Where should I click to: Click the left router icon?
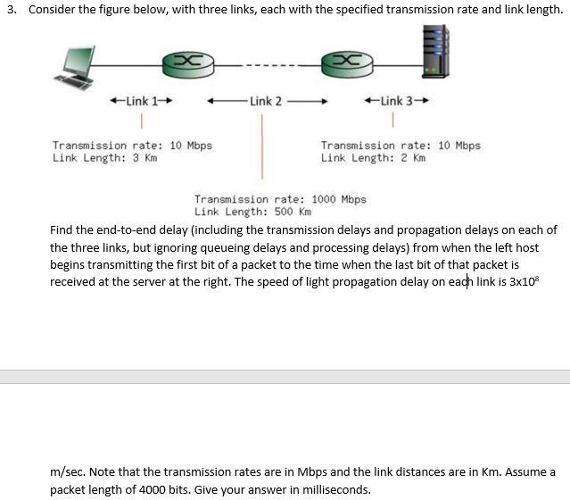pyautogui.click(x=187, y=62)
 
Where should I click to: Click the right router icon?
pyautogui.click(x=345, y=62)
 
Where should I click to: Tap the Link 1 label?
pyautogui.click(x=139, y=100)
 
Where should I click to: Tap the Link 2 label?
pyautogui.click(x=266, y=101)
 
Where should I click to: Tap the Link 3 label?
pyautogui.click(x=397, y=100)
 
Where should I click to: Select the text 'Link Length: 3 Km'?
pyautogui.click(x=104, y=158)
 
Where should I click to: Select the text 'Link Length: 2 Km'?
pyautogui.click(x=373, y=158)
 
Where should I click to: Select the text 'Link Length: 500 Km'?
pyautogui.click(x=253, y=212)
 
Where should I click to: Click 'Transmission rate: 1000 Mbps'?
pyautogui.click(x=280, y=199)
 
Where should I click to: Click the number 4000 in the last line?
pyautogui.click(x=166, y=489)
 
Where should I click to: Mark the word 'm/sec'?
pyautogui.click(x=67, y=471)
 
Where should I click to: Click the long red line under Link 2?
pyautogui.click(x=261, y=146)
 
